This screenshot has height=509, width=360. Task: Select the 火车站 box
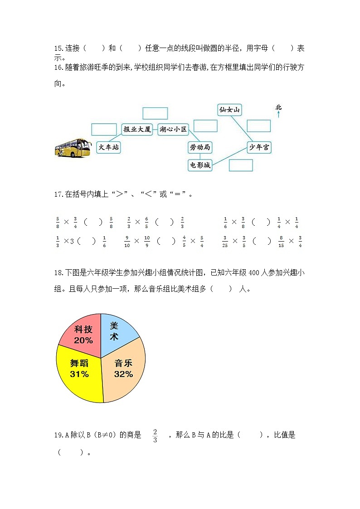coord(109,147)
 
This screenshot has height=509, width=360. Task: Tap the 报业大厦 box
coord(137,129)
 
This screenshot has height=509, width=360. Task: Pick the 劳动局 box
coord(199,147)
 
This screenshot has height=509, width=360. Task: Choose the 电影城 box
coord(199,165)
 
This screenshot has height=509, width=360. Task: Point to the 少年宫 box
coord(259,147)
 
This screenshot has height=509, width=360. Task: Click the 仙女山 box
coord(229,110)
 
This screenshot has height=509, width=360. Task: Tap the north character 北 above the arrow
coord(278,107)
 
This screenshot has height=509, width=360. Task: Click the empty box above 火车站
coord(104,129)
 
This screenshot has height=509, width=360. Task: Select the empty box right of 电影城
coord(241,165)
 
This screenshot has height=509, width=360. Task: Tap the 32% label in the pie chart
coord(123,374)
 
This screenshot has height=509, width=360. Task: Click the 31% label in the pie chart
coord(79,374)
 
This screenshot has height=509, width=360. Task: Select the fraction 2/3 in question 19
coord(155,435)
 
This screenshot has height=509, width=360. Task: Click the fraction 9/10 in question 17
coord(127,242)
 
